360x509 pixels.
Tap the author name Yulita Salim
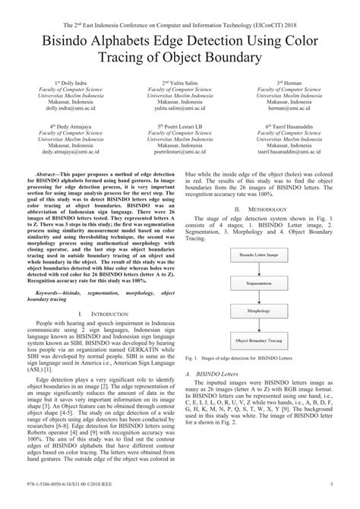tap(180, 82)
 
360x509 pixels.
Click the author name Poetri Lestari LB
tap(180, 125)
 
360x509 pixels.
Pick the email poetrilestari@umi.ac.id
tap(180, 153)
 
